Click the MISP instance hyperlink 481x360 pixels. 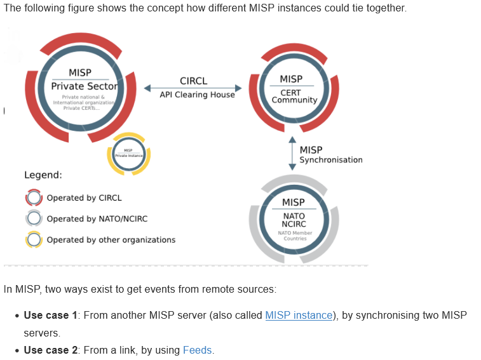[299, 315]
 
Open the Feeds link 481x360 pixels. [198, 350]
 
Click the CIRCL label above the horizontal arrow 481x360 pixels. [193, 81]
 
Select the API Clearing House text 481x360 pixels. [197, 95]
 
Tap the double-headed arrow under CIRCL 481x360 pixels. [193, 88]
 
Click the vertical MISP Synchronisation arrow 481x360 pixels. [292, 153]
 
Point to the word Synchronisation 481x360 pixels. [331, 160]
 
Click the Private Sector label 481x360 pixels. [85, 86]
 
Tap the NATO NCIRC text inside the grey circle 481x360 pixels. [294, 220]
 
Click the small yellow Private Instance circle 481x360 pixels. [129, 154]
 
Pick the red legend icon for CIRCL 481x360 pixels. [34, 198]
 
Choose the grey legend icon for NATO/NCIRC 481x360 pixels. [34, 219]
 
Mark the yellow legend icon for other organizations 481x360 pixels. [34, 240]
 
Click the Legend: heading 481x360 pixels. [43, 175]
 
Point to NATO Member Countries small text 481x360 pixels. [294, 236]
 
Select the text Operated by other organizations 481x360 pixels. [111, 240]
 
